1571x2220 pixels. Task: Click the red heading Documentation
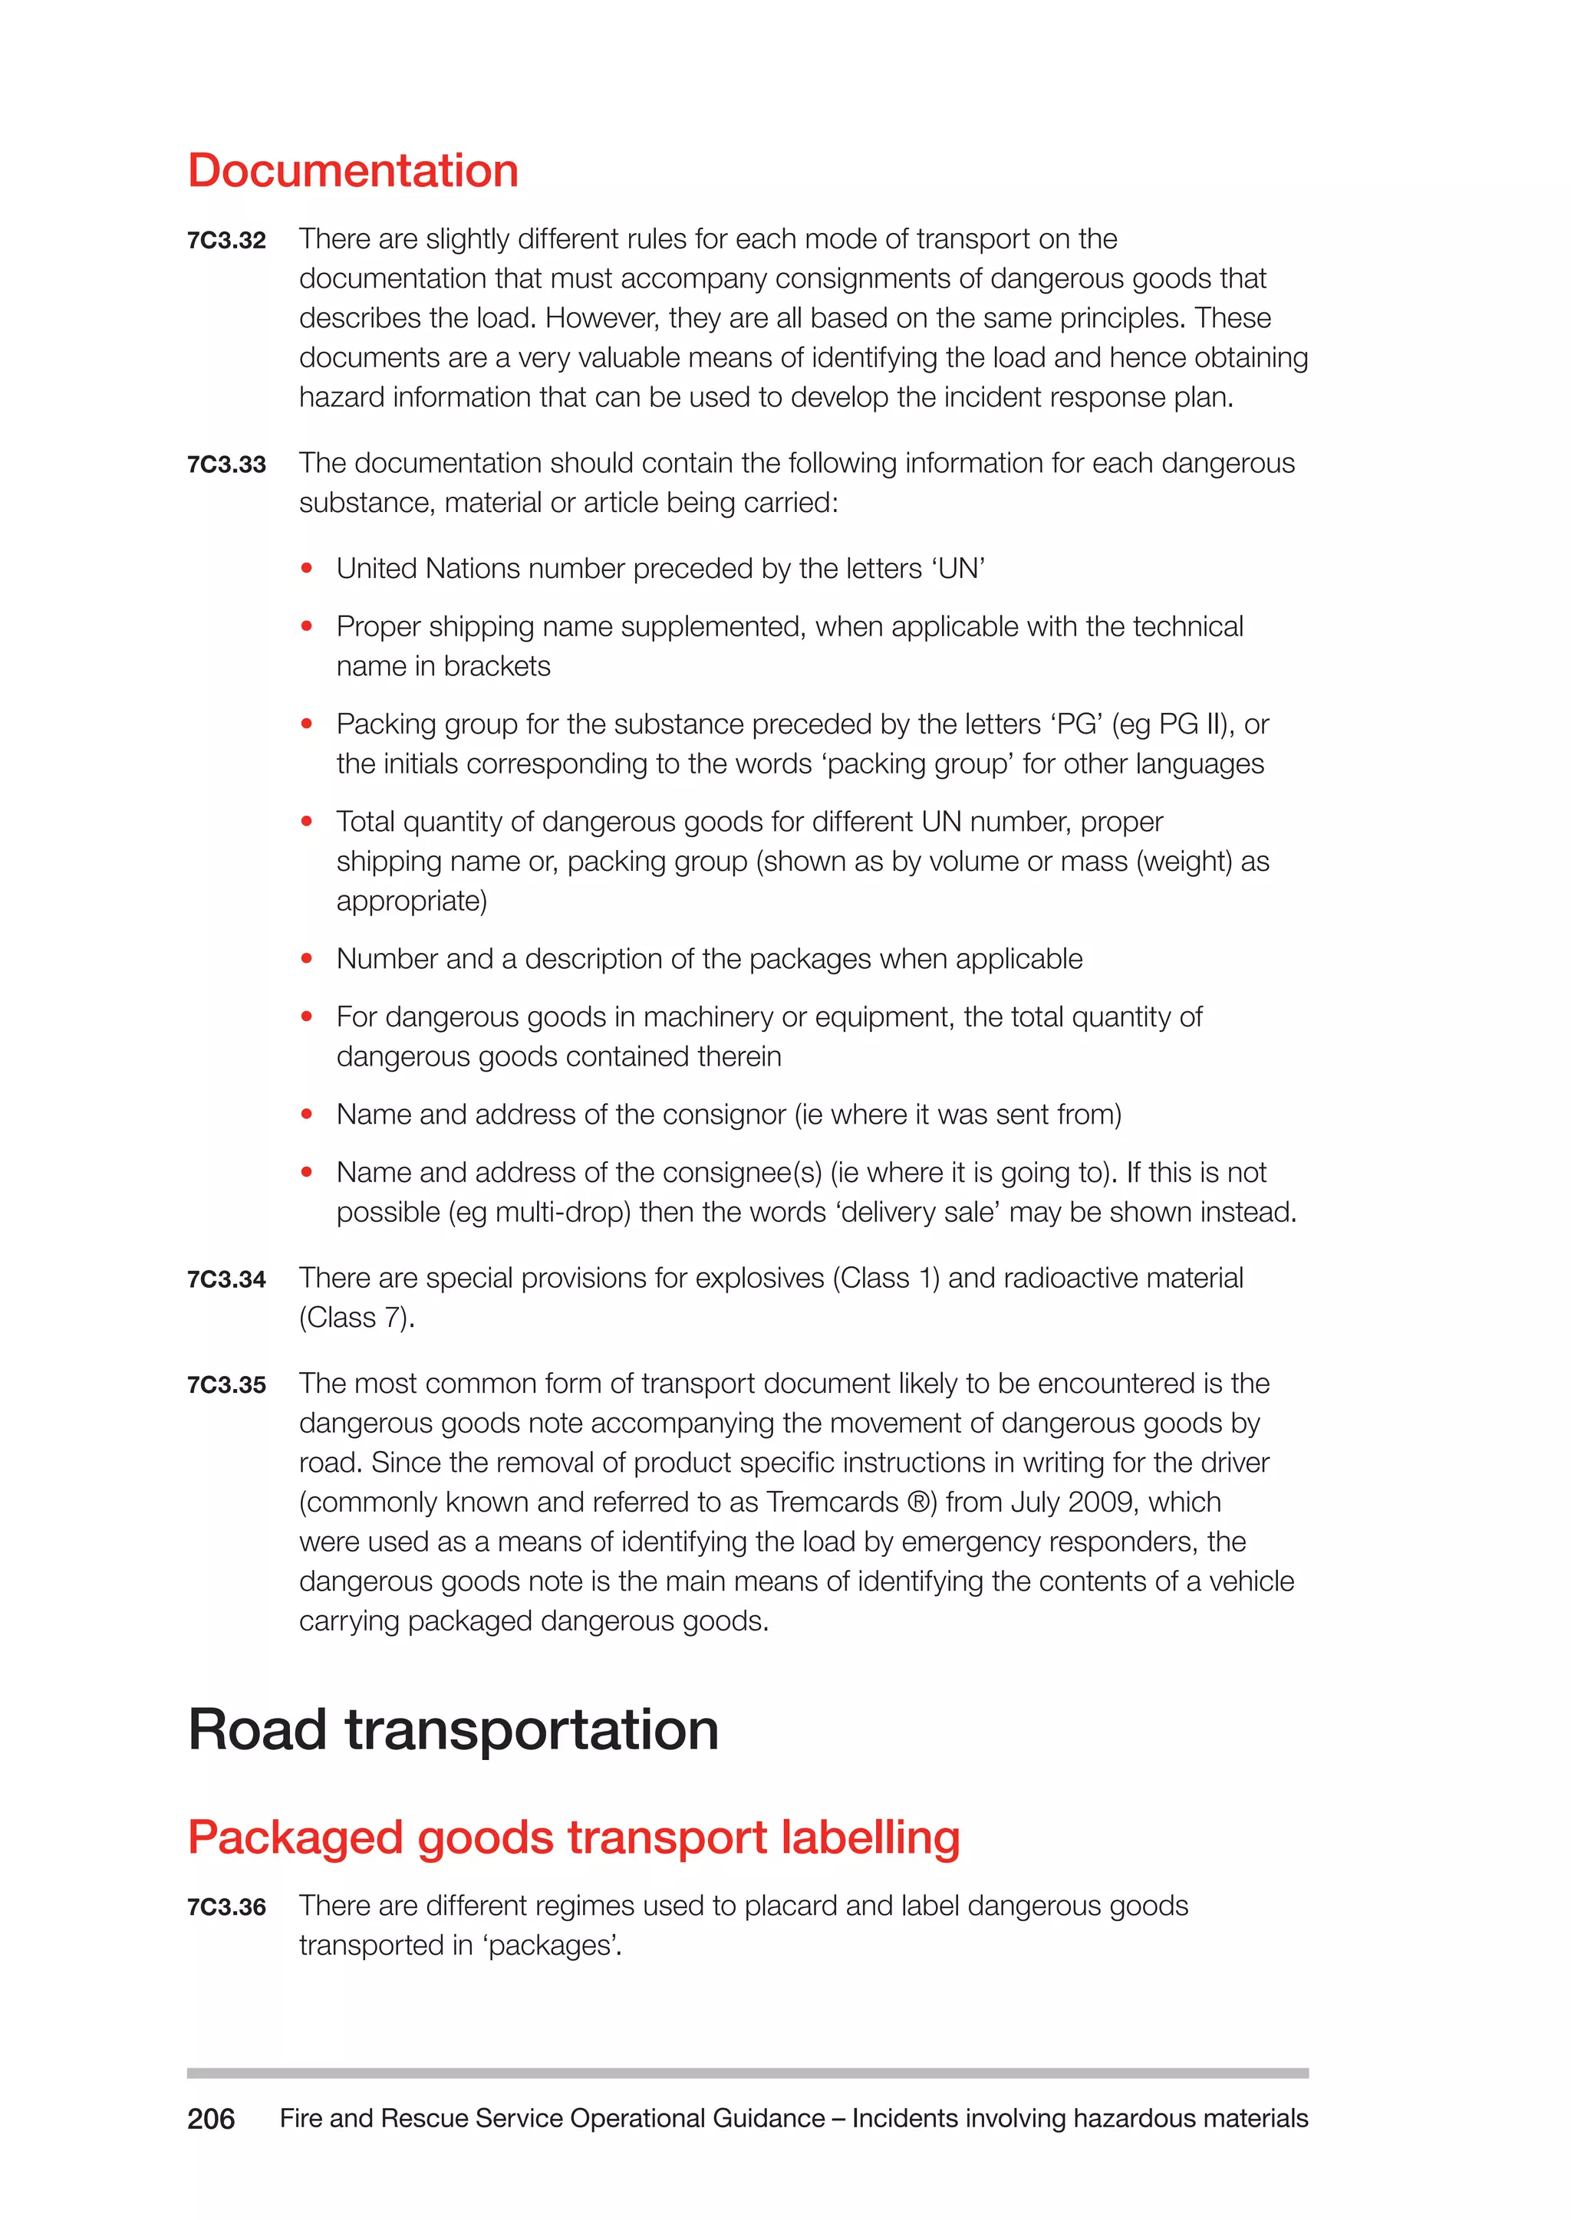353,171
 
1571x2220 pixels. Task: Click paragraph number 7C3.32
226,241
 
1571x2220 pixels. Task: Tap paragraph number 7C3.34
226,1280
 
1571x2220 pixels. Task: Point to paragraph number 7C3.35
226,1385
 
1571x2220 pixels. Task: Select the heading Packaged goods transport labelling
574,1838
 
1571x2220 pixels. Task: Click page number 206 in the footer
211,2120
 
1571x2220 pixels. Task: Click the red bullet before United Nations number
307,569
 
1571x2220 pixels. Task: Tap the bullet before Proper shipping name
307,626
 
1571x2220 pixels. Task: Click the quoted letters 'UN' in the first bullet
959,569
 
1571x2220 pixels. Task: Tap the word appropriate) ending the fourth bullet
411,901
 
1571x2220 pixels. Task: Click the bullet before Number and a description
307,959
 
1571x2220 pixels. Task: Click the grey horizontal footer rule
747,2073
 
